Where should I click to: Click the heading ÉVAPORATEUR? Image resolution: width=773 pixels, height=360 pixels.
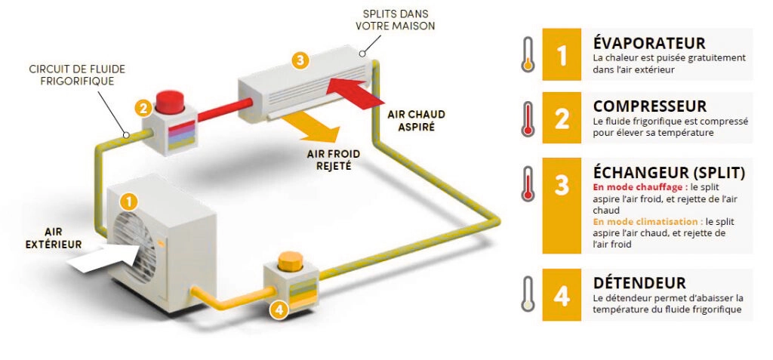(x=649, y=44)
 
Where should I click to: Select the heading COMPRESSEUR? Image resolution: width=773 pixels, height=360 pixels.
(x=649, y=106)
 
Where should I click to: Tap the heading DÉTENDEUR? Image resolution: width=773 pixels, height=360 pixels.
(x=639, y=283)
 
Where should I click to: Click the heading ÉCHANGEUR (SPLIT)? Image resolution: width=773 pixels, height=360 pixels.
(x=669, y=173)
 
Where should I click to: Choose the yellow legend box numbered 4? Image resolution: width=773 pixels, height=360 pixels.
(x=561, y=295)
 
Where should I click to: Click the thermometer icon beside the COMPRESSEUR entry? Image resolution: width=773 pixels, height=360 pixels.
(x=528, y=118)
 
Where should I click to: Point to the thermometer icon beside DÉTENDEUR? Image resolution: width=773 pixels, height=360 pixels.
(x=528, y=294)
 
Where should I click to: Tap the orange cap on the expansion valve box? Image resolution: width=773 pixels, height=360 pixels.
(x=289, y=261)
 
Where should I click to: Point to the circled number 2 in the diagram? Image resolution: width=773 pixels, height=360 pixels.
(x=142, y=108)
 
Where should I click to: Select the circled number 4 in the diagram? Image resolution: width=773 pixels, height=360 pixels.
(x=279, y=309)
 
